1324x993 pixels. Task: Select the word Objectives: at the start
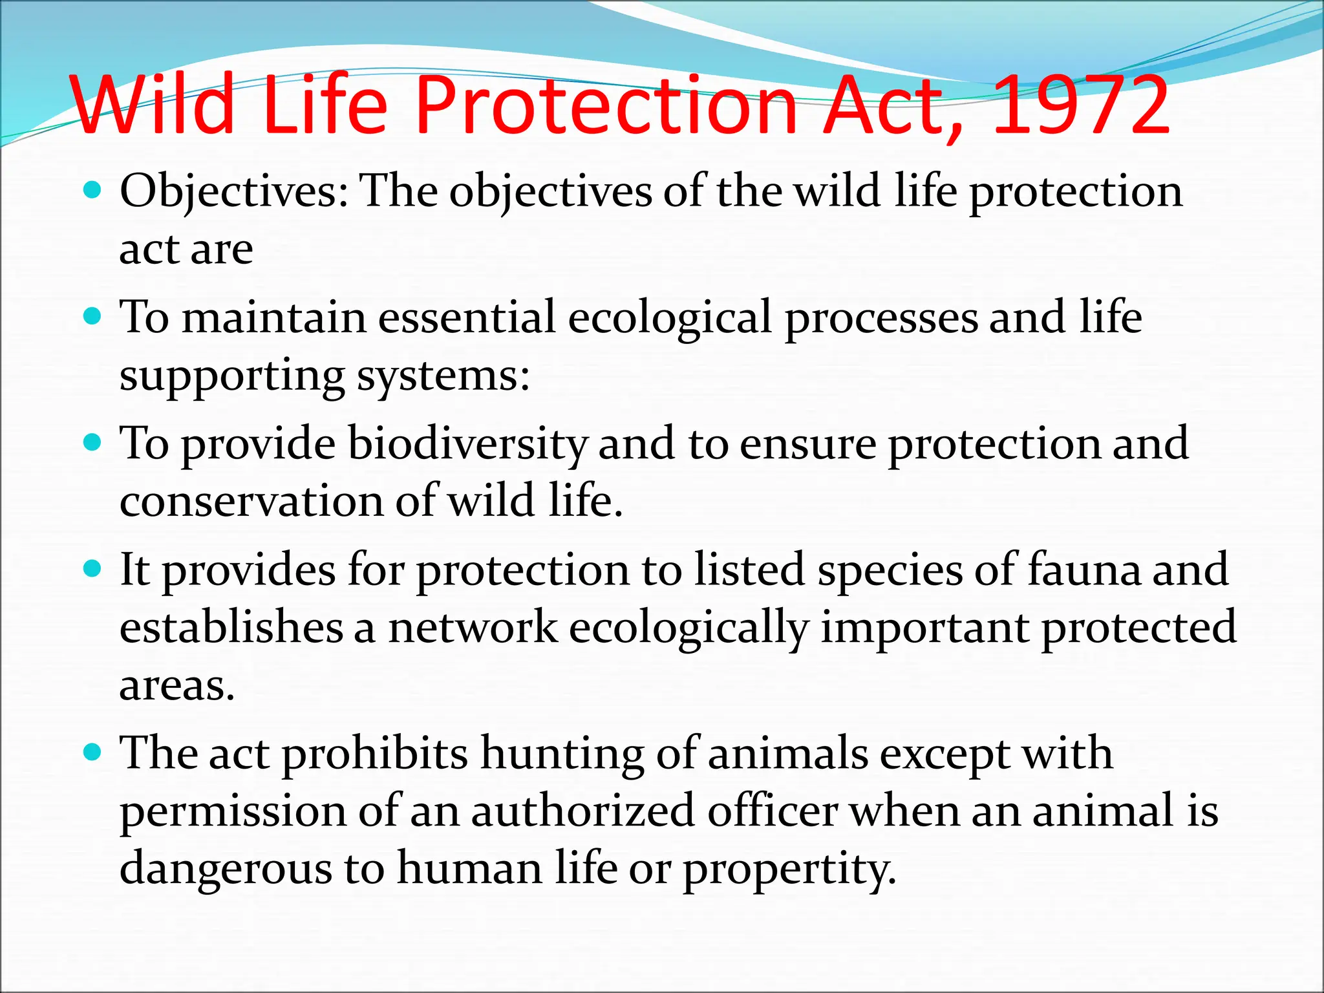click(234, 193)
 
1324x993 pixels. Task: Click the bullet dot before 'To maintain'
click(94, 316)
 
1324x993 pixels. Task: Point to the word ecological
click(670, 318)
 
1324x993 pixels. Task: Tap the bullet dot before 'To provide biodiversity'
click(94, 442)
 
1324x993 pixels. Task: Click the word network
click(473, 627)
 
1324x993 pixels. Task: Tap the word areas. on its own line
click(176, 685)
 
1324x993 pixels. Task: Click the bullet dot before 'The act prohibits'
click(94, 753)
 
